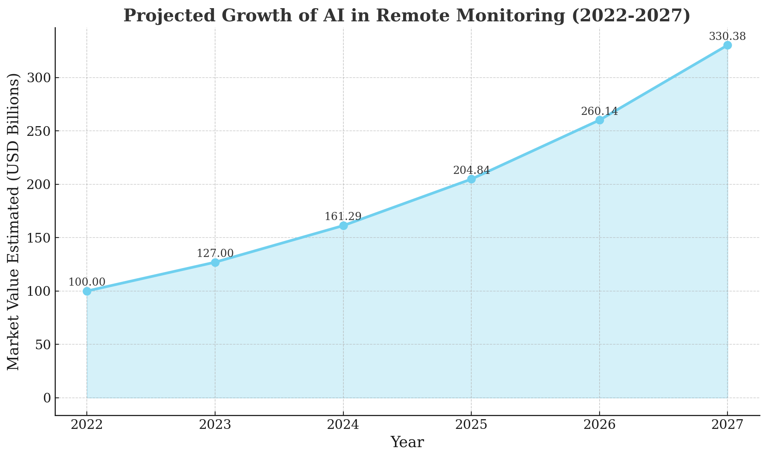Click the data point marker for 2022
coord(87,291)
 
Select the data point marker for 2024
coord(343,226)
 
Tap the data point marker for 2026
coord(600,120)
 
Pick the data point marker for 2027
coord(727,45)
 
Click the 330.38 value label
coord(727,37)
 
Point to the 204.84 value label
coord(471,170)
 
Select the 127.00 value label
coord(215,253)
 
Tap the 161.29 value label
coord(343,217)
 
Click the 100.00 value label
coord(87,283)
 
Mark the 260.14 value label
coord(599,112)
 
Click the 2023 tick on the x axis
coord(215,425)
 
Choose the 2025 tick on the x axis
coord(471,425)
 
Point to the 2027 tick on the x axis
coord(727,425)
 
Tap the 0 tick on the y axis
coord(47,398)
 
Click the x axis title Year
coord(407,442)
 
